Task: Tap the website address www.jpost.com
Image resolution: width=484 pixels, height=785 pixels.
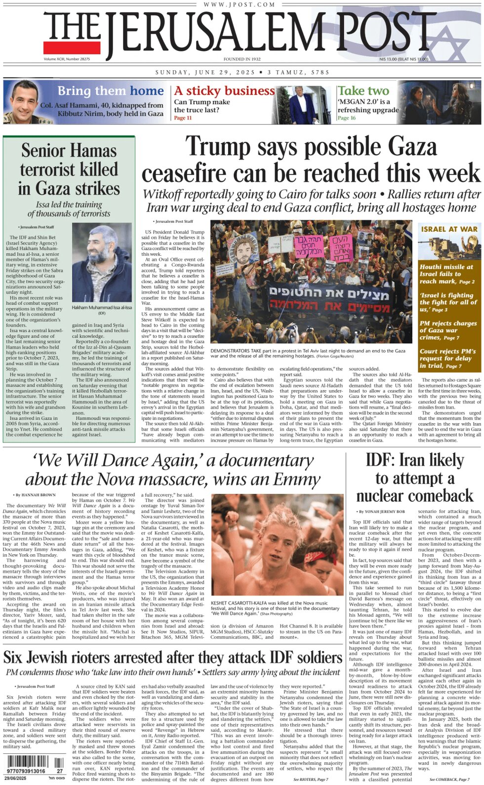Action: [x=239, y=4]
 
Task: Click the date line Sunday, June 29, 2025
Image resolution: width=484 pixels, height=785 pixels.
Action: [x=205, y=72]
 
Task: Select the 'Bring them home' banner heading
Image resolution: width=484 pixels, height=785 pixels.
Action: [x=110, y=91]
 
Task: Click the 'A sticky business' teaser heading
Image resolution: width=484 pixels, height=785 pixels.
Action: [x=224, y=91]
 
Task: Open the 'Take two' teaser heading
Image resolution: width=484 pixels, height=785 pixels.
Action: [x=363, y=91]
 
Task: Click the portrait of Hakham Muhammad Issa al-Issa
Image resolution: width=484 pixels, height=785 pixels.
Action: [x=102, y=262]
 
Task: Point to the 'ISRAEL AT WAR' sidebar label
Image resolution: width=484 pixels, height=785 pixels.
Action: [x=449, y=229]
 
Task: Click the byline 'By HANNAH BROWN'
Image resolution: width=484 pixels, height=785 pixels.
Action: [x=35, y=495]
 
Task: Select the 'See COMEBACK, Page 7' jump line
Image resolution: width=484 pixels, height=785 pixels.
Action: [x=449, y=780]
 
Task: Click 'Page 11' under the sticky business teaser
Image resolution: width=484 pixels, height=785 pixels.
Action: [x=183, y=118]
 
